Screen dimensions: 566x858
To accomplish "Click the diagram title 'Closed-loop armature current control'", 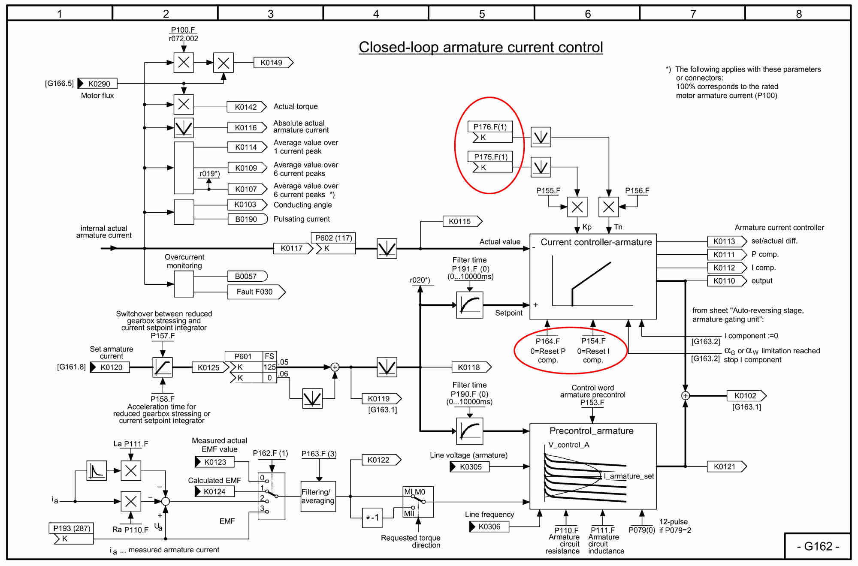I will tap(480, 47).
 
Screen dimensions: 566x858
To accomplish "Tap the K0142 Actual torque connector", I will tap(246, 107).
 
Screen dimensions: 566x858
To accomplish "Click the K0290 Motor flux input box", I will tap(99, 84).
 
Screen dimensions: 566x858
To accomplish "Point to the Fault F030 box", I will tap(255, 292).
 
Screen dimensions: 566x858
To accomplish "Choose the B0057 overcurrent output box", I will tap(246, 277).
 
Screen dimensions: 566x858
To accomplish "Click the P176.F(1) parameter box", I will tap(490, 127).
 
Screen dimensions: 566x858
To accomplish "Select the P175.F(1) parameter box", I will tap(490, 157).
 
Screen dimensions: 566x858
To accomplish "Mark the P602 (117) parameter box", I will tap(333, 238).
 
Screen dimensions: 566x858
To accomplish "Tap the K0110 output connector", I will tap(725, 281).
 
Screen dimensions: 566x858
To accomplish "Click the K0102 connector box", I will tap(746, 396).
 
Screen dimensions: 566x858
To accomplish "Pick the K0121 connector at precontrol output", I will tap(725, 467).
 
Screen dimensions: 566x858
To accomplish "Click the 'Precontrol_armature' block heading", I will tap(591, 431).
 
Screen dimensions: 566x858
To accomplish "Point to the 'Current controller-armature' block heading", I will tap(596, 242).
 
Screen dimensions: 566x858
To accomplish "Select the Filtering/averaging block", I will tap(318, 497).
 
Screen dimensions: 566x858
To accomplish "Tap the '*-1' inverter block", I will tap(372, 518).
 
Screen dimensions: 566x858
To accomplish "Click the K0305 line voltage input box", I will tap(470, 467).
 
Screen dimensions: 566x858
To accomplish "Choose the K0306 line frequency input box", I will tap(489, 527).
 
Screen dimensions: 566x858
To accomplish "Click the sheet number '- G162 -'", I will tap(818, 546).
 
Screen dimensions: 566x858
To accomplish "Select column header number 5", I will tap(482, 14).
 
